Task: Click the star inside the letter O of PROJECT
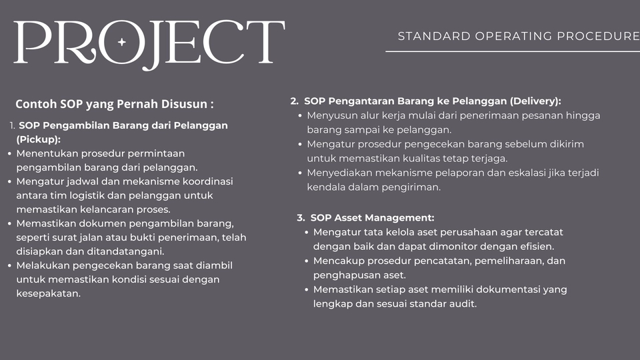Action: click(x=121, y=42)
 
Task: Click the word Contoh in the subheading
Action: click(x=35, y=104)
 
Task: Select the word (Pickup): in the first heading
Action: click(x=38, y=139)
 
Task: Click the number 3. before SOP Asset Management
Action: click(x=301, y=218)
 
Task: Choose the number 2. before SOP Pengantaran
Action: click(x=295, y=101)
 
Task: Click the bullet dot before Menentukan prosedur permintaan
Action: click(x=9, y=153)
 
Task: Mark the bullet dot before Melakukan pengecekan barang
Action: click(x=9, y=265)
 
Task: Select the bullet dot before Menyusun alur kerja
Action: click(x=301, y=115)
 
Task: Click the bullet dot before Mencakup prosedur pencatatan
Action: click(x=307, y=261)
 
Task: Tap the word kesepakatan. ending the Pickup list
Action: click(x=49, y=293)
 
